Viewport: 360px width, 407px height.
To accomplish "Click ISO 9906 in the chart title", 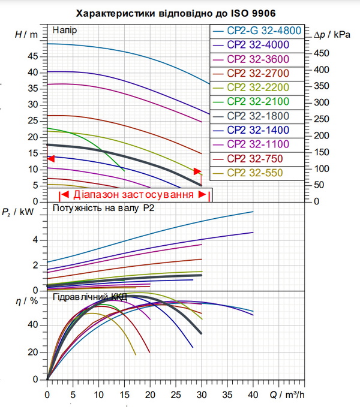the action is (253, 13).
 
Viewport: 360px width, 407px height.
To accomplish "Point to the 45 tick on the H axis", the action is (33, 56).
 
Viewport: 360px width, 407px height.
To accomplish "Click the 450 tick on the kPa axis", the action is (321, 53).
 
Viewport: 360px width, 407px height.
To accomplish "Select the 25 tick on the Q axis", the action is (176, 395).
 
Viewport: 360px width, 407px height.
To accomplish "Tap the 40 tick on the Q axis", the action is (253, 395).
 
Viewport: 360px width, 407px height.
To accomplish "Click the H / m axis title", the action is (26, 35).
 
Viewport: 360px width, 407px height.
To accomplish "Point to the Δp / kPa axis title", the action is (332, 35).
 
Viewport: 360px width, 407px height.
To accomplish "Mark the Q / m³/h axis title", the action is (287, 395).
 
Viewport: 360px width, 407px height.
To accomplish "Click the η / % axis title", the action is (27, 301).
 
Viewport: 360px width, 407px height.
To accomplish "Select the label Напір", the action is (65, 31).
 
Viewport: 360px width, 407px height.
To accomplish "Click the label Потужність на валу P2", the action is (103, 208).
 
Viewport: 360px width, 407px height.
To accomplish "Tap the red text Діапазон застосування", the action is (134, 194).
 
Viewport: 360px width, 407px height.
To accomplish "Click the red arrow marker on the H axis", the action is (51, 159).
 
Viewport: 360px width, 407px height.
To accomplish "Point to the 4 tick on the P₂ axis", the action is (35, 240).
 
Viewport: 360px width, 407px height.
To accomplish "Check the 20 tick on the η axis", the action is (33, 352).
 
